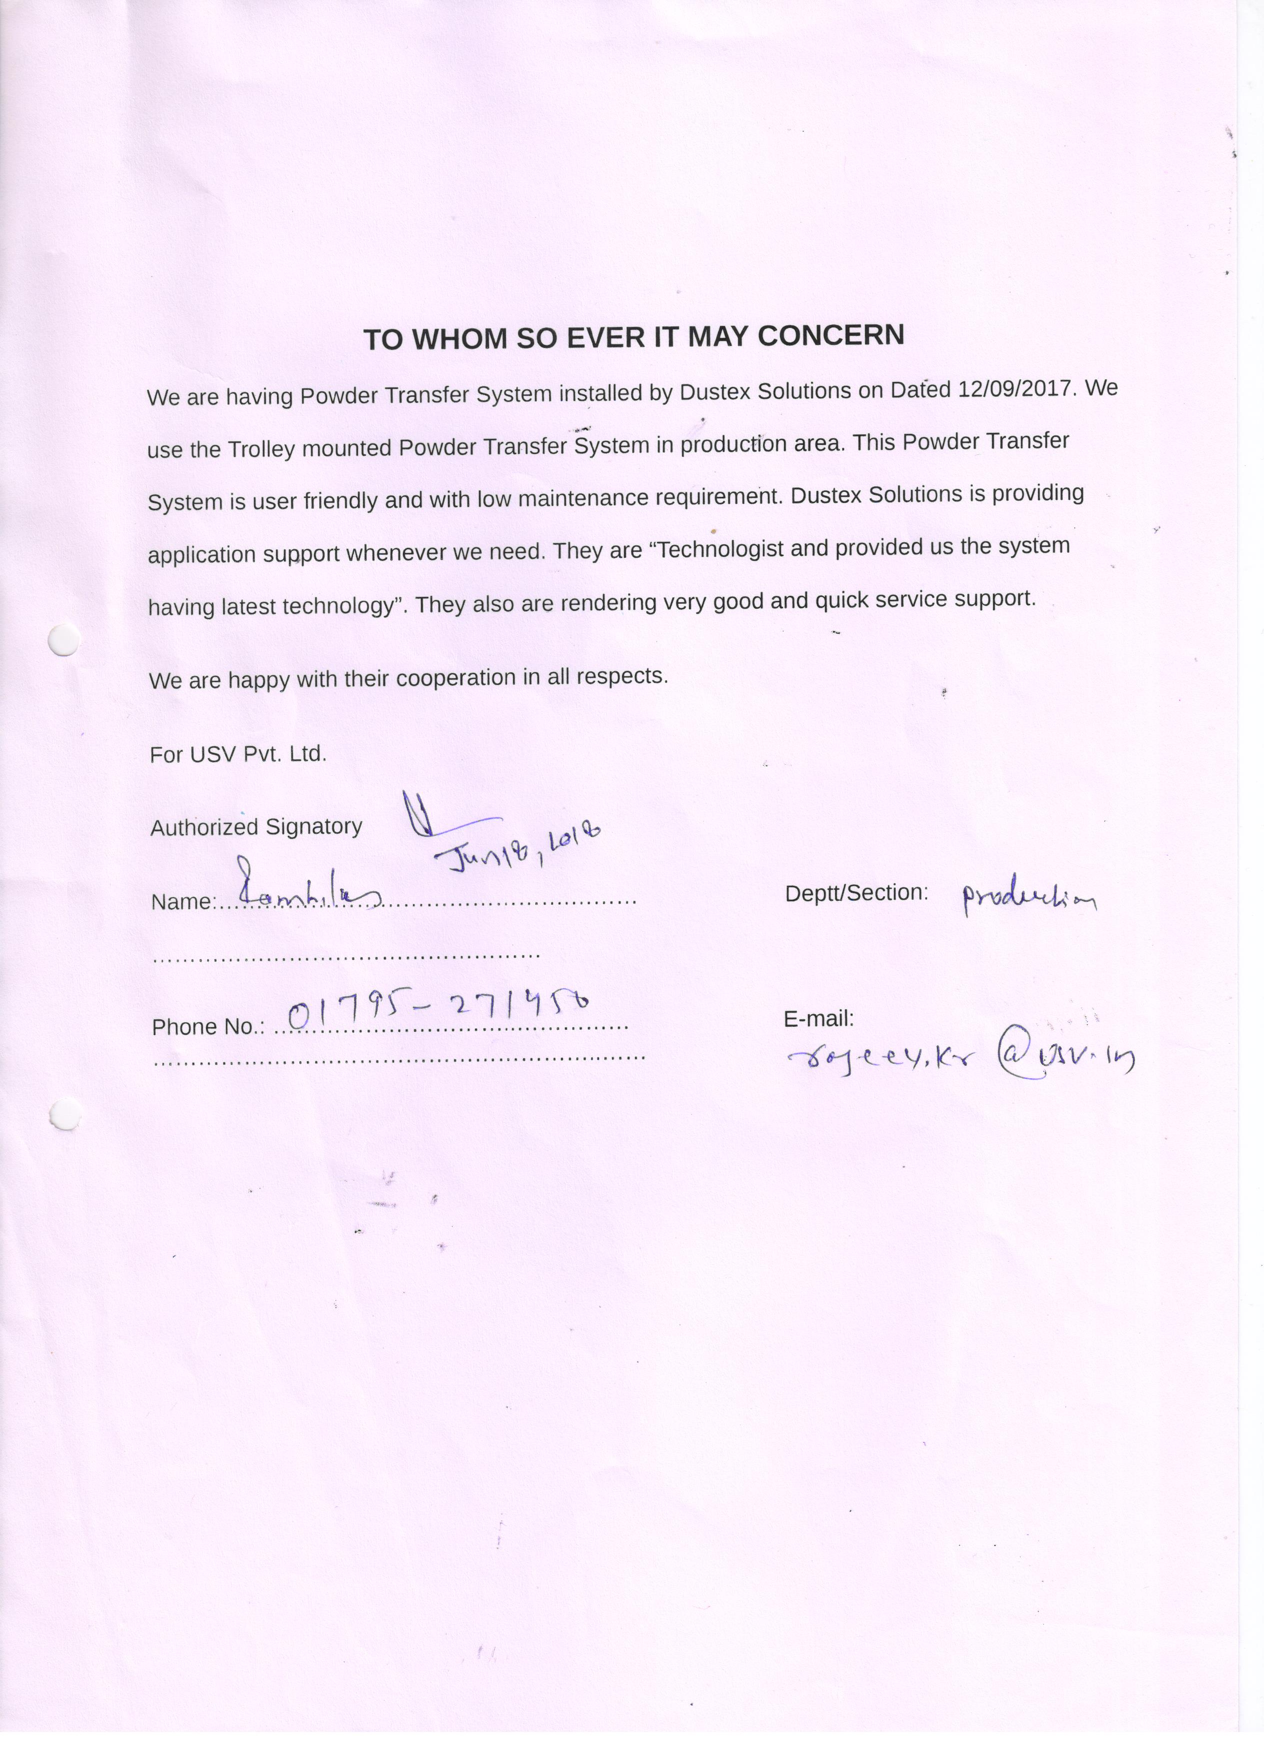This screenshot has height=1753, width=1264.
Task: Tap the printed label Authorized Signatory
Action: click(x=256, y=827)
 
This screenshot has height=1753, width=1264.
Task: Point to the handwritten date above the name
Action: click(x=516, y=848)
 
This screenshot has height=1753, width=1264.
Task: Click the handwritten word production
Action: click(x=1027, y=898)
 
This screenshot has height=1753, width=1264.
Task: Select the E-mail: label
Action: click(x=818, y=1019)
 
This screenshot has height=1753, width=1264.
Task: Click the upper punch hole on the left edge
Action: click(x=63, y=639)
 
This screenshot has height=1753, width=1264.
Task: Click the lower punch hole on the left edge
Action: click(x=63, y=1113)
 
